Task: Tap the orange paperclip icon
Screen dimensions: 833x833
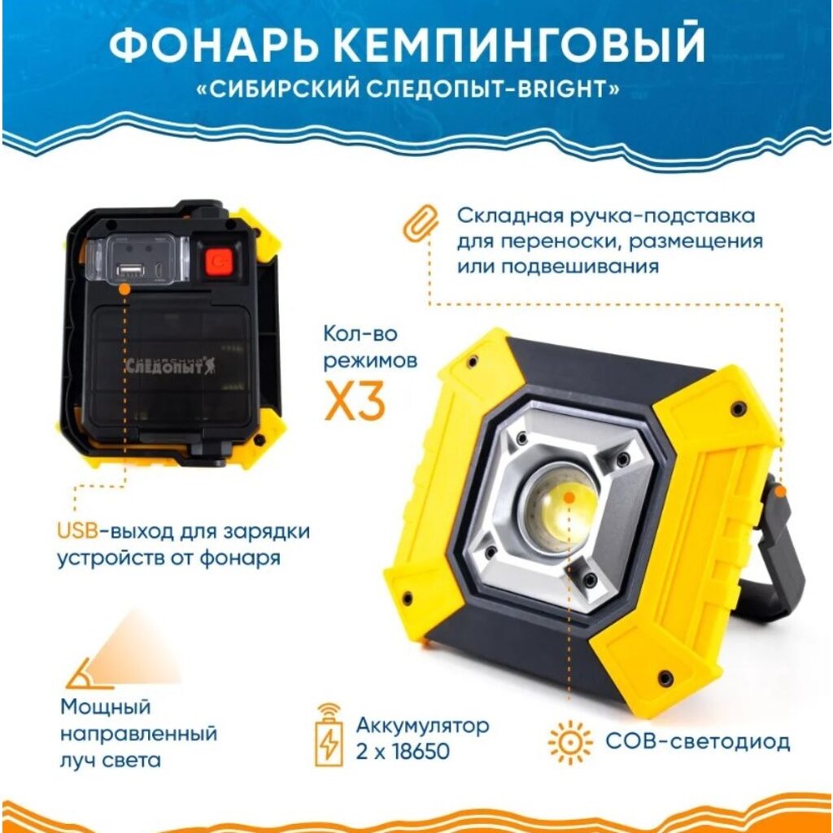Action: coord(421,221)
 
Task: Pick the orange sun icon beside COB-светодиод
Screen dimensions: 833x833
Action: coord(569,742)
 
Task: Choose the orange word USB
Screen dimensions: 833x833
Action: coord(76,532)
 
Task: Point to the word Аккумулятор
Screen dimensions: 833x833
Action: coord(423,725)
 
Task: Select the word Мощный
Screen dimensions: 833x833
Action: coord(107,707)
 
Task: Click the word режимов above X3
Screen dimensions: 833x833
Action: coord(371,360)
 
